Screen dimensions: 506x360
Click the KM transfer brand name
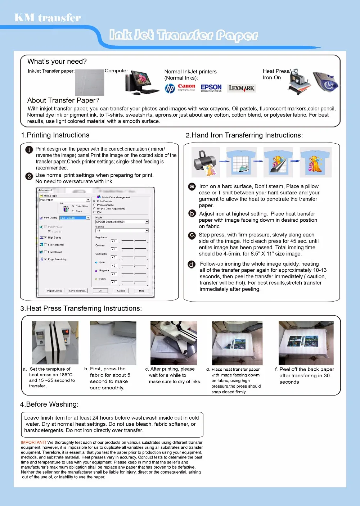point(48,18)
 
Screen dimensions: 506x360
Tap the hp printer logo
point(170,88)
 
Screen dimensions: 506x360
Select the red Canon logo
point(186,87)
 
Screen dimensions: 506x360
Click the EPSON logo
point(211,87)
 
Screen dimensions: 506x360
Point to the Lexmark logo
point(242,88)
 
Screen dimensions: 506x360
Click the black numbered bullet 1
point(29,150)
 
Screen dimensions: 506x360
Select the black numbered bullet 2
point(29,176)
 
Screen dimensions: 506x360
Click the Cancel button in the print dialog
point(121,291)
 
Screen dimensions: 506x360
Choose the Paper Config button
point(54,291)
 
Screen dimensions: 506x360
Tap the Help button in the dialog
point(141,291)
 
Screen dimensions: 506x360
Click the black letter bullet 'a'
point(192,186)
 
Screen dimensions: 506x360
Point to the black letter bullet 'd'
point(192,265)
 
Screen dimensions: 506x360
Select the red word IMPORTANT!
point(33,443)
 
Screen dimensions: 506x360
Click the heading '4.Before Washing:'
point(49,404)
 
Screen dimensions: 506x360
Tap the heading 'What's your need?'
point(57,62)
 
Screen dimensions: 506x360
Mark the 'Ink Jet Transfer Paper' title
point(184,35)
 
